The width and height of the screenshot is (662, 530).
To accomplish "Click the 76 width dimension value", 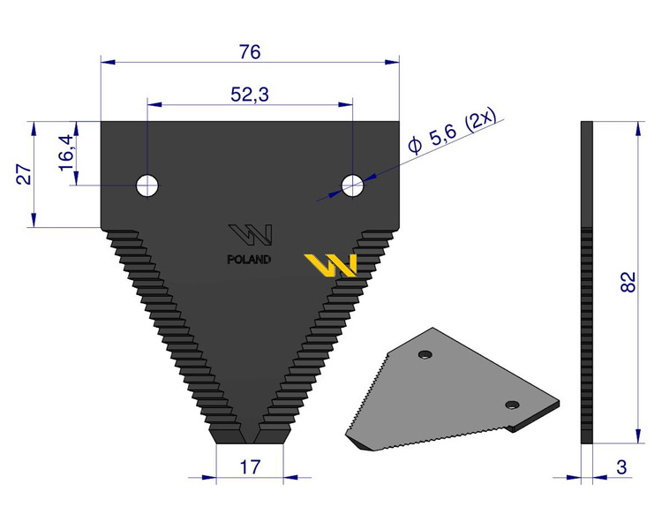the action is click(250, 52).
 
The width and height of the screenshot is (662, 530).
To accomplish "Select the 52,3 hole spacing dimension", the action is click(250, 95).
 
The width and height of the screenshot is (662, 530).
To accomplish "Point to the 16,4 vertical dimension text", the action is click(67, 153).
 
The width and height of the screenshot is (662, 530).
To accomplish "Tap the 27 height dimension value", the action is click(25, 174).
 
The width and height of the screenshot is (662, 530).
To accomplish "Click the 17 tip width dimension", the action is click(250, 467).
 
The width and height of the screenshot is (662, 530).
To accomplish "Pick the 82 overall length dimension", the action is click(628, 282).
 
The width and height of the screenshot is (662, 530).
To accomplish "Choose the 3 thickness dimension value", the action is click(621, 467).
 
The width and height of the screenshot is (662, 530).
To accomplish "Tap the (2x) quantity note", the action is click(480, 122).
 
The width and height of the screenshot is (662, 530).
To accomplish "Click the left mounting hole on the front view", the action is click(147, 185).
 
